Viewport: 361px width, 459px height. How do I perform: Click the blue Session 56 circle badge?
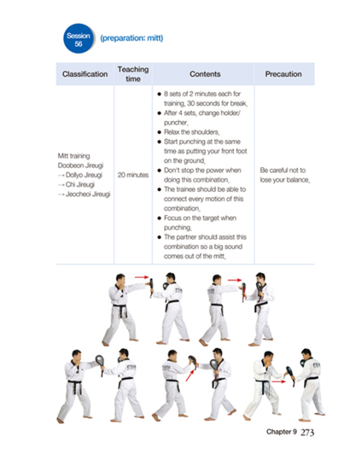(78, 39)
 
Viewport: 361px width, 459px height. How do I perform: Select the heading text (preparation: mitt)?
(132, 38)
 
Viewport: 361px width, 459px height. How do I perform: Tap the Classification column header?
(84, 74)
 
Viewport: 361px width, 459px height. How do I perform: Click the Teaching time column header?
(133, 74)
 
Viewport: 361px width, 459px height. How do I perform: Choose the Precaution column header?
(283, 74)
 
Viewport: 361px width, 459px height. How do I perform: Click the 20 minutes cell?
(133, 175)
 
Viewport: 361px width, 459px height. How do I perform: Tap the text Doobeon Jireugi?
(78, 165)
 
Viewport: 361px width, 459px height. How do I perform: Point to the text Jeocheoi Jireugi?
(83, 194)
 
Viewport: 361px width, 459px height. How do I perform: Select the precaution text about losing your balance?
(284, 175)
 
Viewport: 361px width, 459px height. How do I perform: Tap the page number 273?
(307, 432)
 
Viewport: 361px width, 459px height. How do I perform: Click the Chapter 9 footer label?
(281, 432)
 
